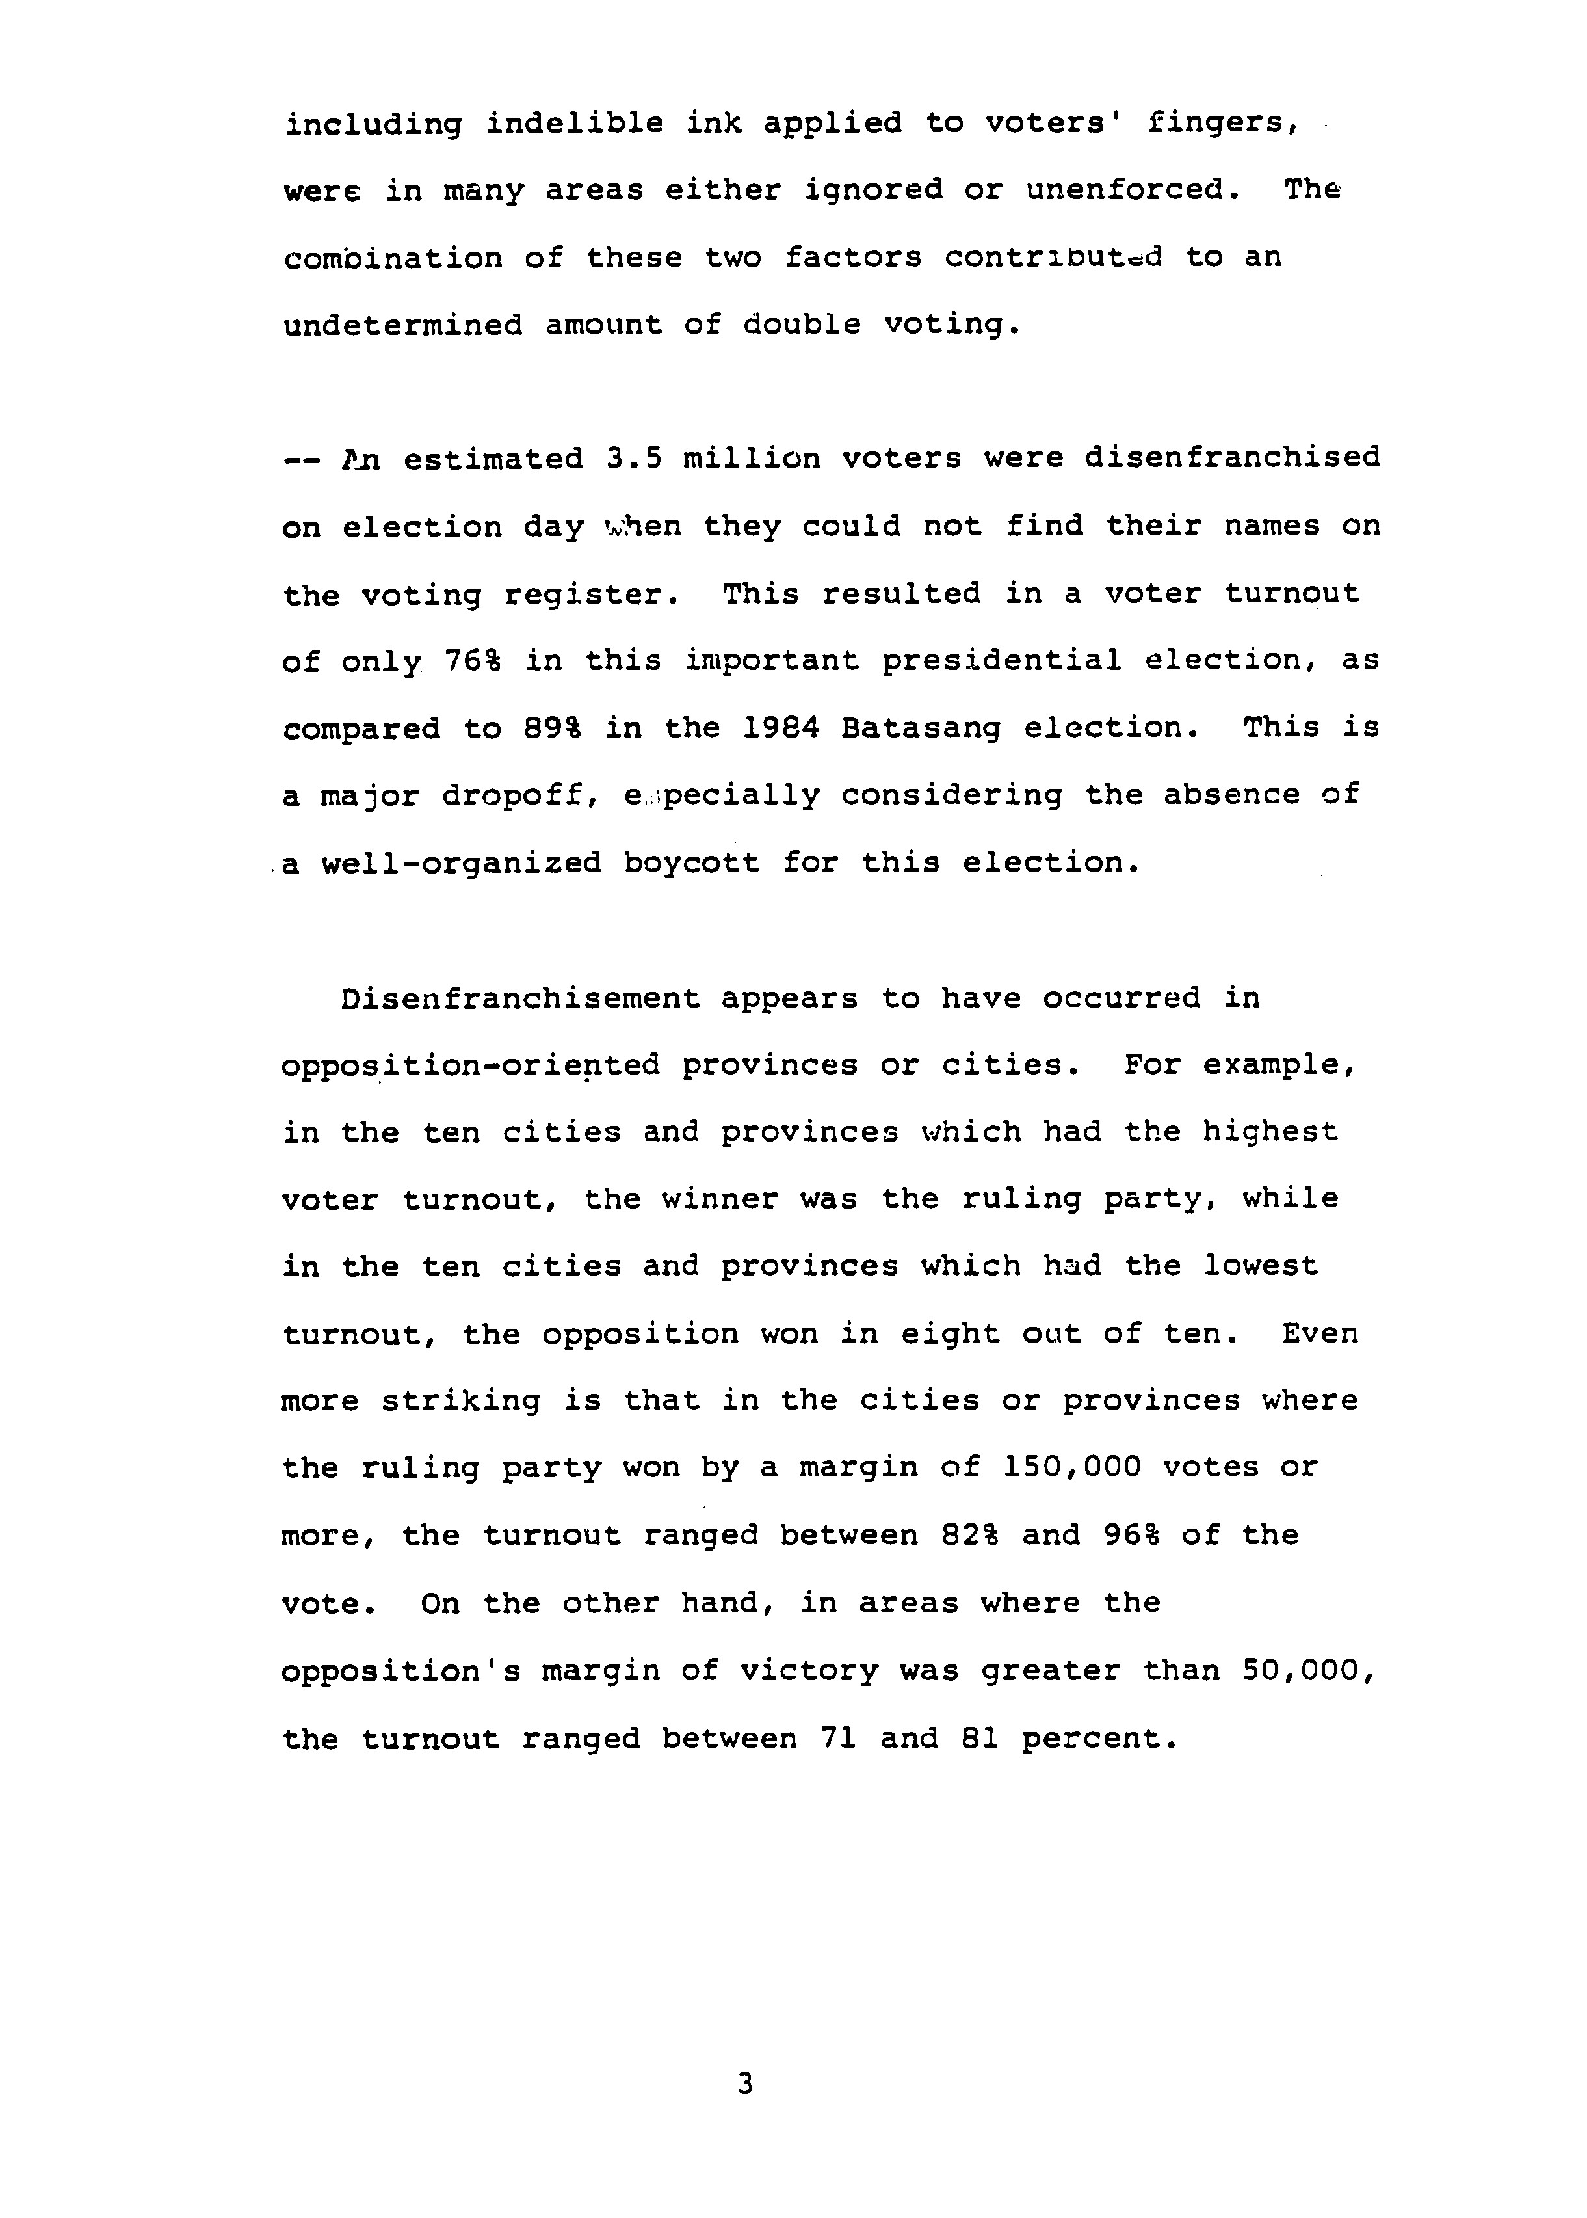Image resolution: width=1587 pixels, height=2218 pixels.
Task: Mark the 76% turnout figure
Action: (x=473, y=661)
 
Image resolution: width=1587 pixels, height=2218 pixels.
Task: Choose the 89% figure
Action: (x=552, y=729)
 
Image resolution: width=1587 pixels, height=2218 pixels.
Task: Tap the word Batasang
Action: (x=921, y=729)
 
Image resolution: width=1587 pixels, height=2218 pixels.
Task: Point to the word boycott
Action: (x=691, y=864)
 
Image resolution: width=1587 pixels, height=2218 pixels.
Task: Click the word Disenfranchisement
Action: (x=520, y=999)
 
